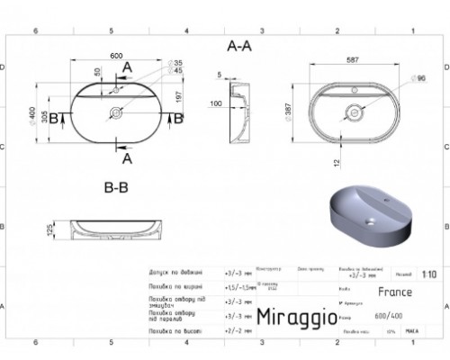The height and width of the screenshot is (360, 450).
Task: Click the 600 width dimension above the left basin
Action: [116, 56]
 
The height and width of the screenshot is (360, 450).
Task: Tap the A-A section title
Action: [238, 45]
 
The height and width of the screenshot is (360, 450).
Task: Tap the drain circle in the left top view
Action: [116, 113]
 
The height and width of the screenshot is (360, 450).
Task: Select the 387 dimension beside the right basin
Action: [290, 113]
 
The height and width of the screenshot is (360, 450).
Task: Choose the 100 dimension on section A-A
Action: [216, 104]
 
